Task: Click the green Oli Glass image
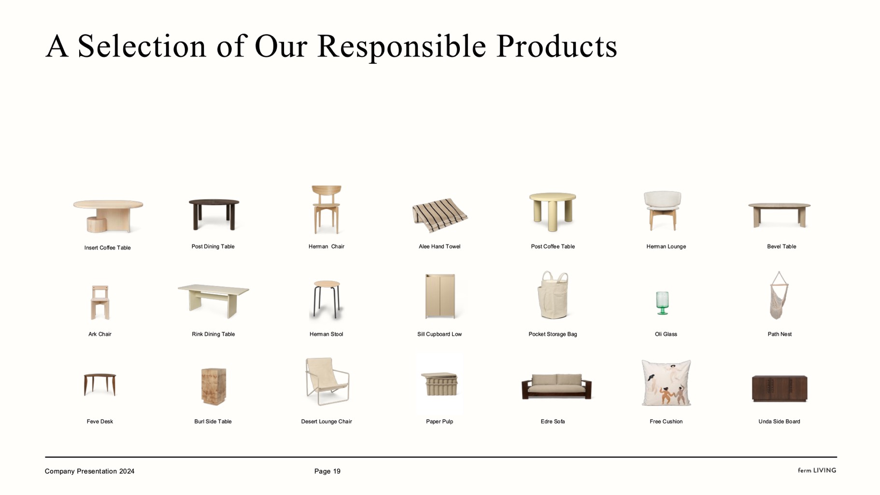[x=662, y=303]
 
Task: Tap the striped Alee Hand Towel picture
[x=440, y=215]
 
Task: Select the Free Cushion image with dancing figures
[x=666, y=382]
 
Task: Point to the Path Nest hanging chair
[x=779, y=295]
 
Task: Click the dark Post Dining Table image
[x=214, y=214]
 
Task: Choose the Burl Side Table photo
[x=213, y=386]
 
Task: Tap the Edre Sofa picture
[x=556, y=386]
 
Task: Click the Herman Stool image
[x=326, y=299]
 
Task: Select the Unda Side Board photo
[x=779, y=388]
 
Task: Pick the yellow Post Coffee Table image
[x=553, y=212]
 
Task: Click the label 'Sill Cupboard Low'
[x=440, y=334]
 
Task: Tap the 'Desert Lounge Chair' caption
[x=326, y=422]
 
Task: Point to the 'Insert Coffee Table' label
[x=107, y=248]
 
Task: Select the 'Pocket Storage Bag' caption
[x=553, y=334]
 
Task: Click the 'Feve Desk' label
[x=99, y=422]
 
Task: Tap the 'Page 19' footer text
[x=327, y=471]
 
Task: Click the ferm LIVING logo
[x=817, y=470]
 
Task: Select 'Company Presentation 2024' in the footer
[x=89, y=471]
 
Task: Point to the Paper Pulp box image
[x=440, y=383]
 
